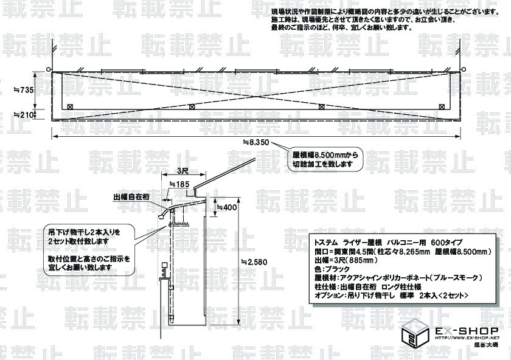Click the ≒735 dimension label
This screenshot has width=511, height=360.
pos(25,89)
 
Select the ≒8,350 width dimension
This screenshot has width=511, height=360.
pos(255,142)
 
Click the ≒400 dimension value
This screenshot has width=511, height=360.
pos(228,208)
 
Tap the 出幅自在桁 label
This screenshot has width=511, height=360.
pos(130,197)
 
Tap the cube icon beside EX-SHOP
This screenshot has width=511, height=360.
pos(415,335)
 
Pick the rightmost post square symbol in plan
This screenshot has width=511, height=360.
pos(440,106)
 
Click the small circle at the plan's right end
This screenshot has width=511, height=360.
pos(464,69)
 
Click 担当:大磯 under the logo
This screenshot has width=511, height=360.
pos(485,345)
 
